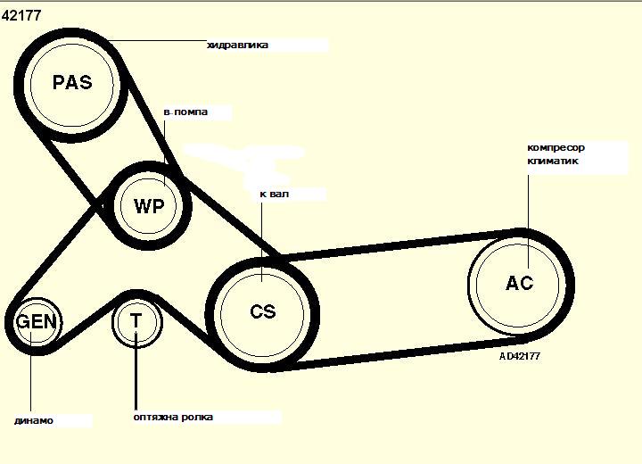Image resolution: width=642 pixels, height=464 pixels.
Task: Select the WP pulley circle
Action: tap(149, 206)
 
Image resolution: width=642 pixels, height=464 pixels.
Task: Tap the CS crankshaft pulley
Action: tap(263, 311)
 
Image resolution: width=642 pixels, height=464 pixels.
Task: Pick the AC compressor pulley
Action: tap(520, 283)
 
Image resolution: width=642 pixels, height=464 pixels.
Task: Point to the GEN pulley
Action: tap(36, 321)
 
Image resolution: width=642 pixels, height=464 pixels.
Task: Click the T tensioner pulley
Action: tap(136, 320)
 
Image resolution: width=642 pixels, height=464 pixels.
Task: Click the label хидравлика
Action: tap(237, 45)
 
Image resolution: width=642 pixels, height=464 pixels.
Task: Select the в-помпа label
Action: tap(185, 112)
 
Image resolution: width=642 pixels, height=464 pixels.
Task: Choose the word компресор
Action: tap(556, 147)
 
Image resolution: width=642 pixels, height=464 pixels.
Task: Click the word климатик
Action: tap(553, 162)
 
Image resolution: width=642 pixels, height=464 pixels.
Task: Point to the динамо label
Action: tap(34, 420)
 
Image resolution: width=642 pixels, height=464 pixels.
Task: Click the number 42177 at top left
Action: tap(21, 14)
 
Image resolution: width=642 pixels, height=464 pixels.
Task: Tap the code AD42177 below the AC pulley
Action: tap(520, 355)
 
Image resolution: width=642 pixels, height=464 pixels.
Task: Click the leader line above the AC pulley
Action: tap(528, 205)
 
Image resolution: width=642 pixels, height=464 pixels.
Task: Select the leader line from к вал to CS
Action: tap(261, 232)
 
